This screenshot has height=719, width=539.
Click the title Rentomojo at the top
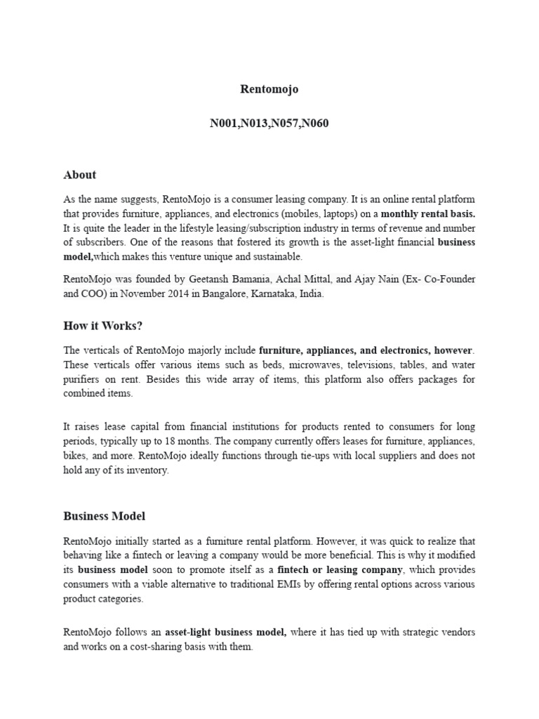click(x=269, y=90)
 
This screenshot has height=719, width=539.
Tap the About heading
click(x=79, y=175)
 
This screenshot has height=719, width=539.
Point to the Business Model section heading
click(x=104, y=516)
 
